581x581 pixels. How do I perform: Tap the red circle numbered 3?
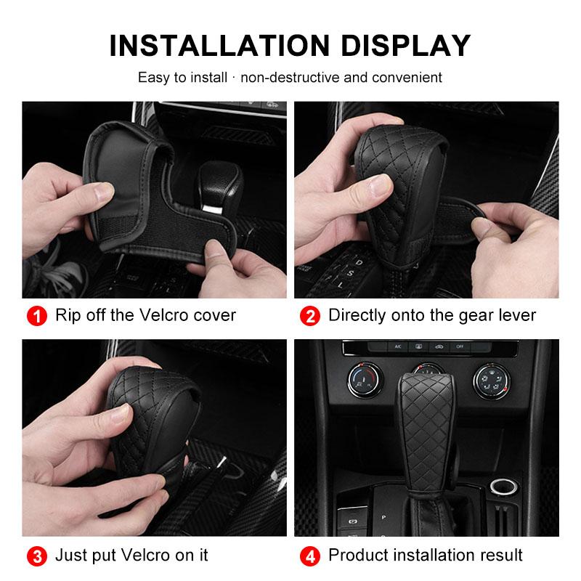coord(35,556)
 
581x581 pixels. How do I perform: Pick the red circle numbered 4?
coord(309,556)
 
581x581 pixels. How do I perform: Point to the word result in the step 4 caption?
coord(499,556)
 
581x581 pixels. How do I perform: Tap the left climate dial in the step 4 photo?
coord(361,379)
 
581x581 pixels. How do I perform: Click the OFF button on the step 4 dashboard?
coord(459,347)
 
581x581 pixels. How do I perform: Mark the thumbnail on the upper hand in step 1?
coord(106,191)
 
